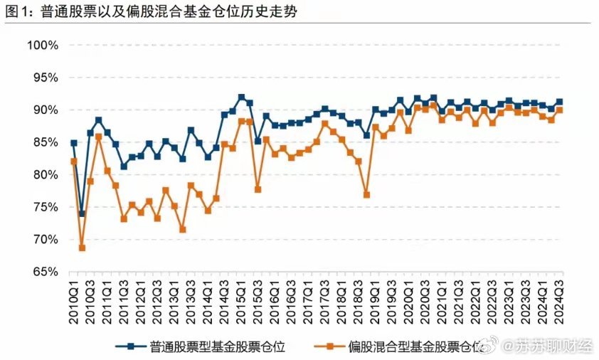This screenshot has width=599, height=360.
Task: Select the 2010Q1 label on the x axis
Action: (74, 303)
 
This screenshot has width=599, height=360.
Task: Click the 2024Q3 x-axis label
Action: (560, 303)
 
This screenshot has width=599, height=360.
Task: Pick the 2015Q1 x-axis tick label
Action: (242, 303)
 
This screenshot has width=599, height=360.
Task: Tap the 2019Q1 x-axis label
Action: (376, 303)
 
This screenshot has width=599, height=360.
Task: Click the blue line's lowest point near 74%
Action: (82, 213)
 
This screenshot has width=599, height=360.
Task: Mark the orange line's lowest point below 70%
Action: (82, 248)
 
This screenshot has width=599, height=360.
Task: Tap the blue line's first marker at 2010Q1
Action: (73, 143)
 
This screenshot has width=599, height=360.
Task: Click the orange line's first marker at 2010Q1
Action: (73, 162)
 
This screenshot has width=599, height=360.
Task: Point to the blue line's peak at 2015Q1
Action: (241, 97)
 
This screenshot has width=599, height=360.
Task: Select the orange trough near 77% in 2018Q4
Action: (367, 194)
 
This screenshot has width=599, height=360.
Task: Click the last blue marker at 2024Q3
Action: (559, 102)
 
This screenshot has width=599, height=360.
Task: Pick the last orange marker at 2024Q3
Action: (559, 110)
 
